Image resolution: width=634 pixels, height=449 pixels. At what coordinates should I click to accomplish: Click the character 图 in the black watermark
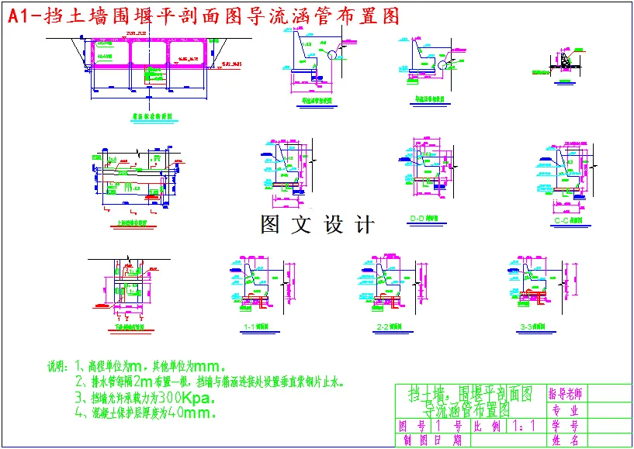coord(270,225)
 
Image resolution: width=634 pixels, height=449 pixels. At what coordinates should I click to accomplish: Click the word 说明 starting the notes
coord(58,366)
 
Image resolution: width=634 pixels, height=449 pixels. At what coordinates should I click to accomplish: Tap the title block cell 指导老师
coord(566,393)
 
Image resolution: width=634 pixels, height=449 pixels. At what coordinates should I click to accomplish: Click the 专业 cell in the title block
coord(566,410)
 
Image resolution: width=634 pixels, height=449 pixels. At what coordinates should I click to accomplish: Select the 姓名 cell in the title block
coord(566,440)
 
